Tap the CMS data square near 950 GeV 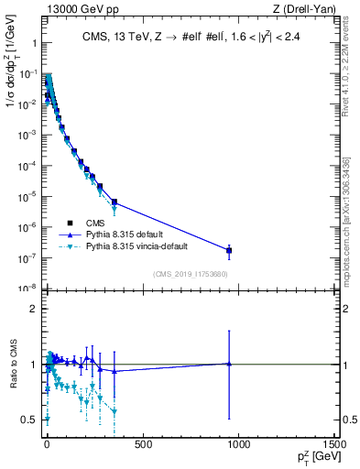coord(229,250)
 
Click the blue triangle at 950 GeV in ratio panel coord(229,364)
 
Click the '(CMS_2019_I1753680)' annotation coord(190,273)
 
